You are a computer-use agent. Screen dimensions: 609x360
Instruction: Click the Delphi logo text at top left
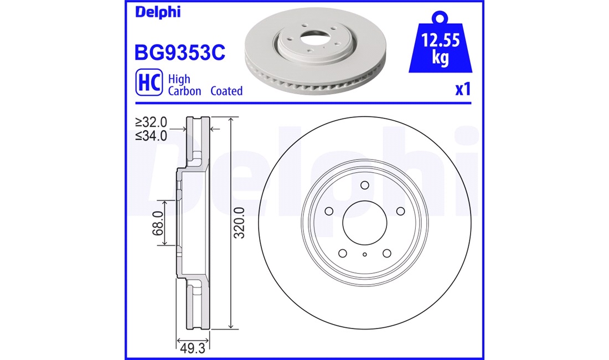click(158, 12)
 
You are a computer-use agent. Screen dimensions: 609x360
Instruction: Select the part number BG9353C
click(179, 53)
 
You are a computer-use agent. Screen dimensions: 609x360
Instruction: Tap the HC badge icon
click(149, 83)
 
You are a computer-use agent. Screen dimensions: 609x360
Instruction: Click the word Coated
click(226, 91)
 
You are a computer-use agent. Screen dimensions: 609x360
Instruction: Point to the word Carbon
click(184, 91)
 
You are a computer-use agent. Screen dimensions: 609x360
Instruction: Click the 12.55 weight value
click(441, 40)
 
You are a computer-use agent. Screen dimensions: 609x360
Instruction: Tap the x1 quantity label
click(463, 89)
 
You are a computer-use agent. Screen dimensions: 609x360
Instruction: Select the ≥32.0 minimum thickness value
click(151, 122)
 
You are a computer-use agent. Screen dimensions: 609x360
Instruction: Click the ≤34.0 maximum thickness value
click(151, 136)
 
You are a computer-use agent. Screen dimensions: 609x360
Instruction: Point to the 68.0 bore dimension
click(158, 223)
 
